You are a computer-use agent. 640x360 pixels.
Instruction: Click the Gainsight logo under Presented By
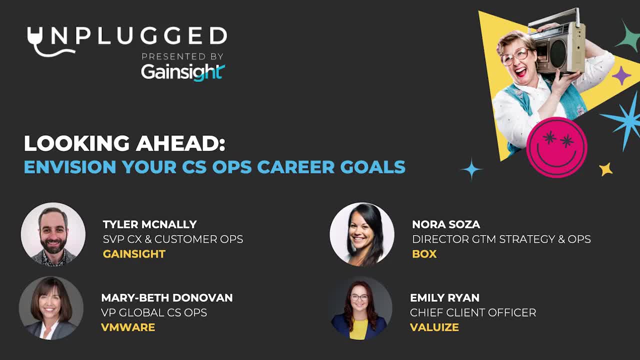(183, 72)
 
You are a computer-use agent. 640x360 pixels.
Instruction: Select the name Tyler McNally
(149, 224)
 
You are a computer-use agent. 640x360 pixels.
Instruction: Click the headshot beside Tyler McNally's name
(53, 234)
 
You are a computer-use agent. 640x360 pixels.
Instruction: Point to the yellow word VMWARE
(128, 327)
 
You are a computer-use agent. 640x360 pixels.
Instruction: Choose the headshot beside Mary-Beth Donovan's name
(51, 308)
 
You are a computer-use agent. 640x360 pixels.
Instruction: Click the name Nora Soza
(446, 224)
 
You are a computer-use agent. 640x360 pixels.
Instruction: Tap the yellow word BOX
(424, 254)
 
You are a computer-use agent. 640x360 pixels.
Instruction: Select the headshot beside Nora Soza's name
(362, 234)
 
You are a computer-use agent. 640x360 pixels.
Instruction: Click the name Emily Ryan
(444, 297)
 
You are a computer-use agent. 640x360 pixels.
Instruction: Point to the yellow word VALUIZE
(434, 327)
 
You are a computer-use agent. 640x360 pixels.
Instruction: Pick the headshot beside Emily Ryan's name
(360, 308)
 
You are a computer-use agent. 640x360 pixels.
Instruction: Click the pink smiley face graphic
(556, 147)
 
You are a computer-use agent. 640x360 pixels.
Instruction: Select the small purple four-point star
(621, 75)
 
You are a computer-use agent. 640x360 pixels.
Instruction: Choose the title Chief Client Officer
(473, 312)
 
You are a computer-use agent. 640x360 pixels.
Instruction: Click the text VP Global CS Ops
(154, 312)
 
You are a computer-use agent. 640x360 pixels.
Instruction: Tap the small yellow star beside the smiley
(605, 169)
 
